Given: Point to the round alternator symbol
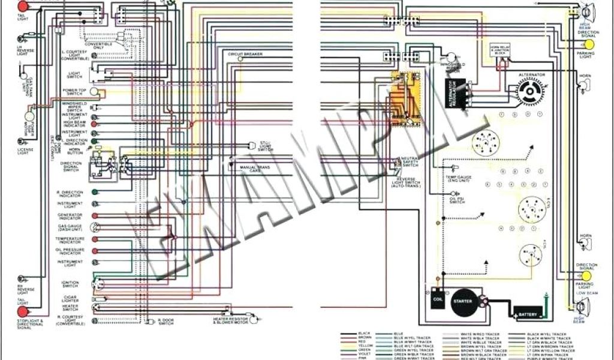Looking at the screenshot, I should pyautogui.click(x=530, y=92).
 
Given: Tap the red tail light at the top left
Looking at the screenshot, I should pyautogui.click(x=23, y=7).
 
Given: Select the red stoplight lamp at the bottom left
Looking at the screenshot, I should pyautogui.click(x=23, y=312).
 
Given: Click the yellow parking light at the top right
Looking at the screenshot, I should pyautogui.click(x=589, y=45).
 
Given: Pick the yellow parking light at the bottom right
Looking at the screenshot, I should pyautogui.click(x=586, y=275).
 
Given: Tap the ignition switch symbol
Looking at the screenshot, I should pyautogui.click(x=97, y=283).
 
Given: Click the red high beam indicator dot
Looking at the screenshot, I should pyautogui.click(x=94, y=124).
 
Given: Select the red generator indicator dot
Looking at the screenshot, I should pyautogui.click(x=94, y=215).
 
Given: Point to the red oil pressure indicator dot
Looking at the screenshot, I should pyautogui.click(x=94, y=251).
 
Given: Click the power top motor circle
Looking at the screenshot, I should pyautogui.click(x=29, y=116).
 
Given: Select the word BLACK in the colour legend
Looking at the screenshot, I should pyautogui.click(x=364, y=333).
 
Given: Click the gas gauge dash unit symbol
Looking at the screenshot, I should pyautogui.click(x=94, y=227).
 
